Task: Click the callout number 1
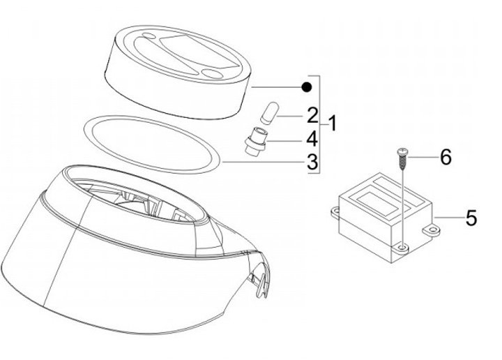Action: point(333,123)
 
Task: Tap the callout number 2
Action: point(312,115)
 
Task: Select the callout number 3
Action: point(312,162)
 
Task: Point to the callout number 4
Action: point(312,140)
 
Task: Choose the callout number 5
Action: point(471,218)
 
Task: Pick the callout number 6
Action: point(446,157)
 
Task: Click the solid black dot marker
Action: point(307,87)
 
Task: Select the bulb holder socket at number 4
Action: point(255,142)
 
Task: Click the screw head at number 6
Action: point(402,151)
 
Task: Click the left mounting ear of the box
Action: point(335,212)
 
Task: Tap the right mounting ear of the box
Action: point(432,230)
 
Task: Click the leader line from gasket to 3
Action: point(264,162)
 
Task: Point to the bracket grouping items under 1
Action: point(319,124)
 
